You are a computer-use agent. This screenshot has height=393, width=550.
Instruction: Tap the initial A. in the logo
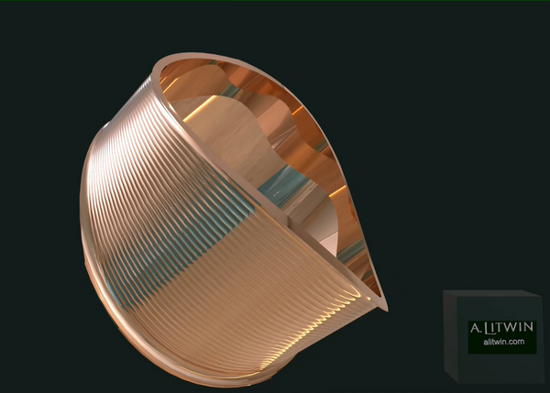pyautogui.click(x=476, y=328)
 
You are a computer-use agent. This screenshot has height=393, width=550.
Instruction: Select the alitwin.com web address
pyautogui.click(x=502, y=342)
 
